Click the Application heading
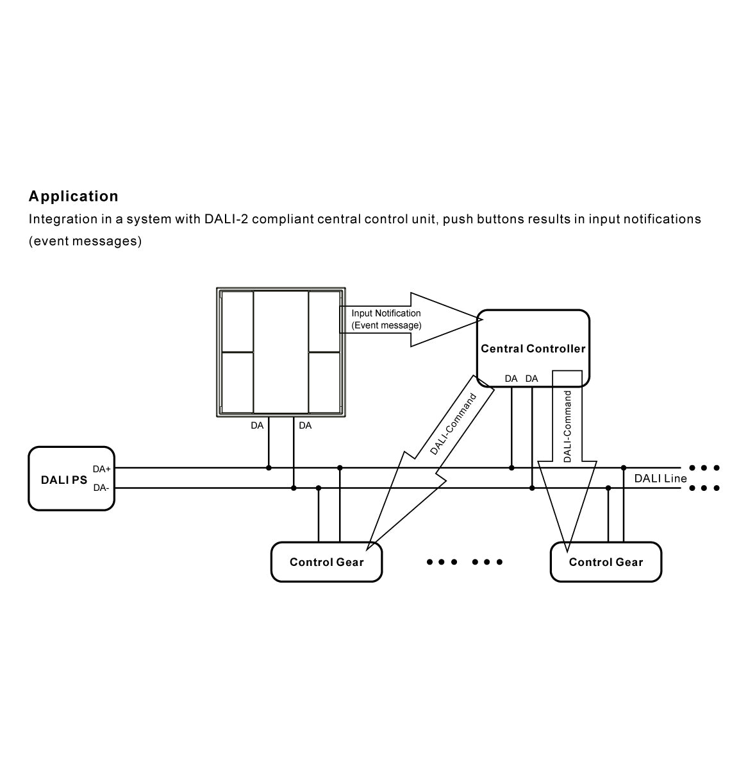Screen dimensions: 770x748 [x=74, y=196]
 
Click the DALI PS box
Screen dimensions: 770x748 [x=71, y=479]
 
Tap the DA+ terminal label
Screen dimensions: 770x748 [x=102, y=469]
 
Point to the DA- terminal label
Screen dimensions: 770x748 [x=101, y=488]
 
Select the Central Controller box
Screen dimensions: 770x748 [x=533, y=348]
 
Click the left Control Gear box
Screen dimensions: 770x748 [x=326, y=562]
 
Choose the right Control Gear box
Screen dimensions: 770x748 [x=606, y=562]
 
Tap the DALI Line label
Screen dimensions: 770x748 [x=660, y=478]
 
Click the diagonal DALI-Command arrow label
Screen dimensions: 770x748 [x=454, y=424]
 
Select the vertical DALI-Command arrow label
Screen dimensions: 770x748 [x=567, y=427]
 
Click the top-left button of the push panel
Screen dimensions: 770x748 [x=237, y=321]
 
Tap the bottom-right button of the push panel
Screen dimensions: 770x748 [x=326, y=382]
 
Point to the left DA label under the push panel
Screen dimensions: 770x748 [x=257, y=425]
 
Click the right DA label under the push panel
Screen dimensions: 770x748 [x=305, y=425]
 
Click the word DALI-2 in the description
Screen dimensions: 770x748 [x=226, y=219]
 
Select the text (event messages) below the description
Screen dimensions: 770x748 [x=85, y=241]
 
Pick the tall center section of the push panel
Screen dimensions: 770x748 [x=281, y=352]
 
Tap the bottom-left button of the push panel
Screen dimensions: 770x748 [x=237, y=382]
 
